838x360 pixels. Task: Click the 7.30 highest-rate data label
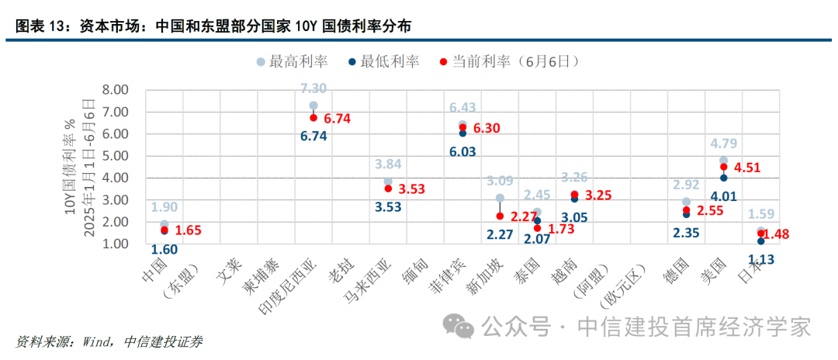(x=313, y=88)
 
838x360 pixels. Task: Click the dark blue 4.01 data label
(x=724, y=196)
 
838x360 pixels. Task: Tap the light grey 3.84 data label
(x=388, y=164)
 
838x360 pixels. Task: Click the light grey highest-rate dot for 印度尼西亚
(x=313, y=106)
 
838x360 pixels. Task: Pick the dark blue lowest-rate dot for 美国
(x=724, y=178)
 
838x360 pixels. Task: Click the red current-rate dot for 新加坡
(x=500, y=216)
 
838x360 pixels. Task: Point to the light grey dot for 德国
(x=686, y=202)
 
